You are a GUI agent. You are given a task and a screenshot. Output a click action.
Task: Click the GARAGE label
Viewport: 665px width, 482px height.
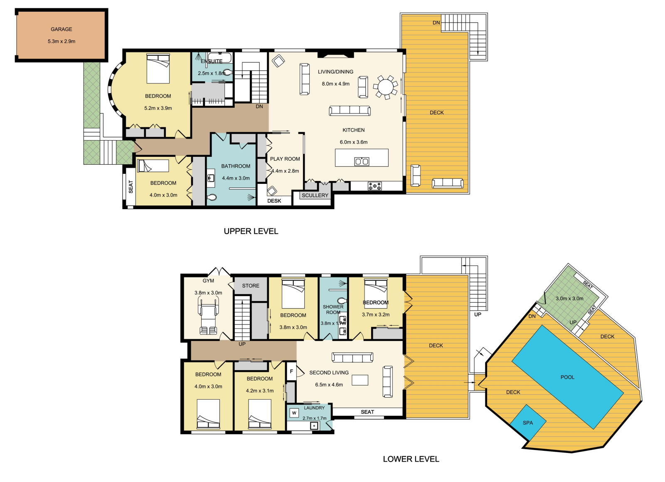[62, 29]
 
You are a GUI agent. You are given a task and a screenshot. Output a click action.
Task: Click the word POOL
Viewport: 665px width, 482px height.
[567, 377]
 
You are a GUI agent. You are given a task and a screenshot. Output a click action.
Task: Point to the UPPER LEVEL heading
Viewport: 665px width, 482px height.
[251, 231]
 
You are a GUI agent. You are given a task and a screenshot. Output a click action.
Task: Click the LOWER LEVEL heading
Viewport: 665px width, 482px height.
[411, 459]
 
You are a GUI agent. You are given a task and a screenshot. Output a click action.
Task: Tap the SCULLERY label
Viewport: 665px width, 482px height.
[315, 195]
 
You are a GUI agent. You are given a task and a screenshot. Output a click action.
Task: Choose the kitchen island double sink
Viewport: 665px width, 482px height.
[362, 161]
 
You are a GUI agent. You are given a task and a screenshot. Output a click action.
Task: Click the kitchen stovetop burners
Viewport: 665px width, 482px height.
[374, 186]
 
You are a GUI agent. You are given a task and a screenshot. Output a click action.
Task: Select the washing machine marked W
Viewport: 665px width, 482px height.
[294, 413]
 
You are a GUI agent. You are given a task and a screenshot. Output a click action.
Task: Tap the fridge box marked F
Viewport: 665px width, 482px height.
[291, 371]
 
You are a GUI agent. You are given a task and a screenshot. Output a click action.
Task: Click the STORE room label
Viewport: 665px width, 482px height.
[251, 286]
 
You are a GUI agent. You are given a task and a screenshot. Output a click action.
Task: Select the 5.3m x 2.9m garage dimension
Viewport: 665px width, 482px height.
[62, 41]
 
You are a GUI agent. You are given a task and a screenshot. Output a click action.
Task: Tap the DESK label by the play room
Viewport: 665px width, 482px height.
[274, 201]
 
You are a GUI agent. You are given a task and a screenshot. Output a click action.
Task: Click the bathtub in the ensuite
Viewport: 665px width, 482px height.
[220, 58]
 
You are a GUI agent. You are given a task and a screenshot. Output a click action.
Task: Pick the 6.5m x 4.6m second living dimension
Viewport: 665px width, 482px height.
[329, 385]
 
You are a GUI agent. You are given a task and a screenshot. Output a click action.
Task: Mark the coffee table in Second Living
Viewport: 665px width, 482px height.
[360, 380]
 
